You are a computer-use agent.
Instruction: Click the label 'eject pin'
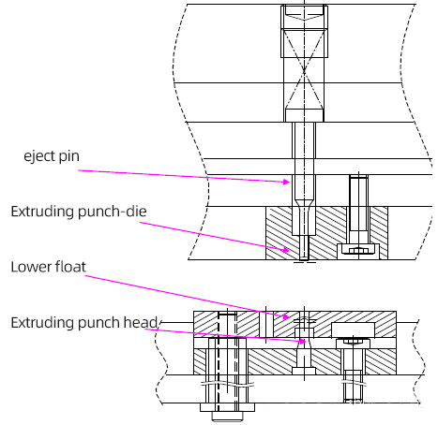52,156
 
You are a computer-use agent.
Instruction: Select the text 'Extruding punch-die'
79,212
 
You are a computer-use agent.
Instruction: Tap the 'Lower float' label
48,267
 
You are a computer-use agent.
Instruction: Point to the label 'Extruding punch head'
83,322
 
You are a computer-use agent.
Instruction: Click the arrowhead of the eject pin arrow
287,182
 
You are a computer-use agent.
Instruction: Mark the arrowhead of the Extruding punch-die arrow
286,250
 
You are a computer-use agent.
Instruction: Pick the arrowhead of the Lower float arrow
286,316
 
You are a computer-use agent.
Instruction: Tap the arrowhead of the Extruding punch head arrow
302,341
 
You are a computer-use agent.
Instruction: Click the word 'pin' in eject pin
68,156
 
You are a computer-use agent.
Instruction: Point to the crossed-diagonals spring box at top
304,69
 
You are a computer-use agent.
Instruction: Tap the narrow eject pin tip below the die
304,248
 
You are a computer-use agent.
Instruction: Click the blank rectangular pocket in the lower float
353,330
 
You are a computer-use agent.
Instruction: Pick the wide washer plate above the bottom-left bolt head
227,407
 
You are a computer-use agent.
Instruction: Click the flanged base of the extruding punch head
304,371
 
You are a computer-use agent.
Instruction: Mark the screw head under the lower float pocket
353,344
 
